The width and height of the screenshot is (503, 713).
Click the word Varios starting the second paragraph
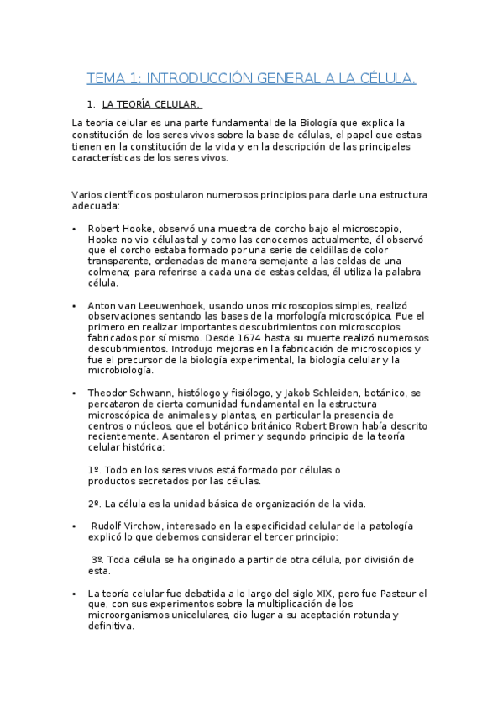click(x=88, y=195)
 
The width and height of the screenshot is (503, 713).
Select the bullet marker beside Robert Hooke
click(x=75, y=229)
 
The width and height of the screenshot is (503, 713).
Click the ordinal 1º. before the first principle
click(x=95, y=470)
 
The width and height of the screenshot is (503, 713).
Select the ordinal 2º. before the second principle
click(x=95, y=504)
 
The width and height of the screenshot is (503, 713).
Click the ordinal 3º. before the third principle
click(x=97, y=560)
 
